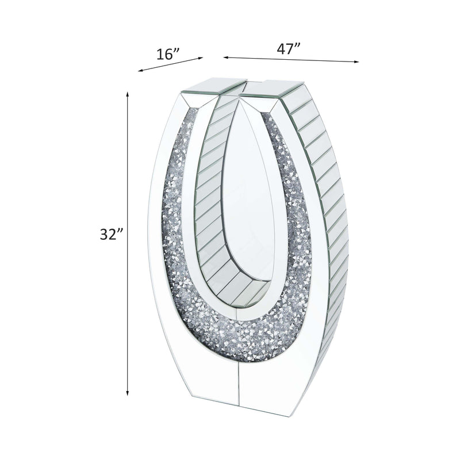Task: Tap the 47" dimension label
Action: pos(289,48)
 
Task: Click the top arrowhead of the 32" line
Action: pos(127,94)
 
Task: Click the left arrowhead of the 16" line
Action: pos(140,70)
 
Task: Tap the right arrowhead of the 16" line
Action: pos(201,58)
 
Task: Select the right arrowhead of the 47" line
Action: pos(356,62)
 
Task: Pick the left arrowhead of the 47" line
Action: pos(226,57)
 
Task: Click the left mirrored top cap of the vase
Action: pos(214,86)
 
